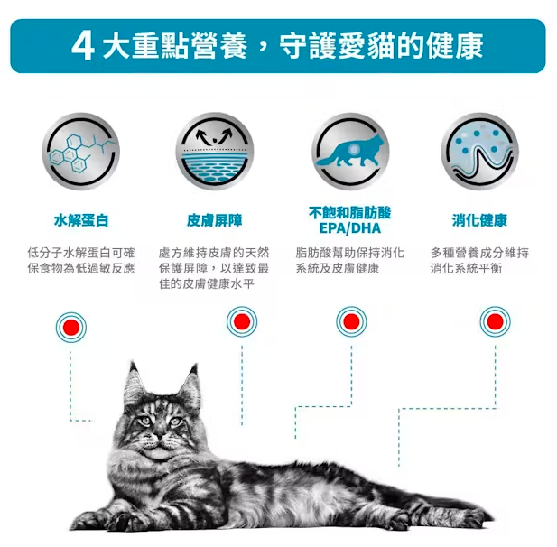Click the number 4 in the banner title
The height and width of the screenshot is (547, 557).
83,45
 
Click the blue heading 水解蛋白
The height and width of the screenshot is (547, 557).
80,220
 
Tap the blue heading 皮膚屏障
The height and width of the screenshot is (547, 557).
214,220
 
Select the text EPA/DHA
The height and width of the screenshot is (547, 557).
349,228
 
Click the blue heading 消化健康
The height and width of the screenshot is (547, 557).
479,220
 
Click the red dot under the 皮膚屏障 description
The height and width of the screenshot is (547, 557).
241,320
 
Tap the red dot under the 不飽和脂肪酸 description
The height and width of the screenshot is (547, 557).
351,320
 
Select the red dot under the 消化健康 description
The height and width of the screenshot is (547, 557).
493,320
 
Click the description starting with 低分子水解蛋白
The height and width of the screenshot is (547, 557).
80,261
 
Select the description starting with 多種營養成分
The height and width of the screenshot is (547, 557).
479,261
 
